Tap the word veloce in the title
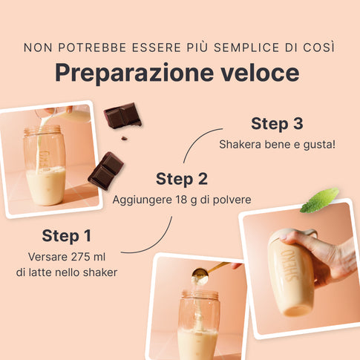click(x=260, y=73)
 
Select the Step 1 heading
click(x=67, y=235)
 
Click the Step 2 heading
click(x=182, y=179)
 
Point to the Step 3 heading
click(x=277, y=123)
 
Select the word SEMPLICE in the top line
click(x=246, y=48)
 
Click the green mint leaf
click(x=320, y=200)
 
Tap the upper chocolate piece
click(x=122, y=116)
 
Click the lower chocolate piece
click(x=106, y=171)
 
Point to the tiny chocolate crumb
click(x=124, y=138)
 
